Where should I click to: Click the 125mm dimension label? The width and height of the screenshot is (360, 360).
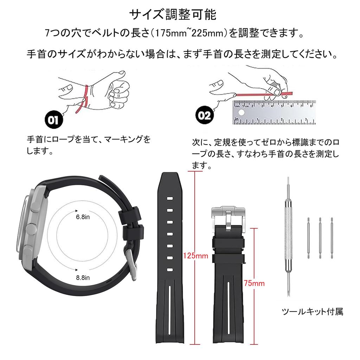click(195, 255)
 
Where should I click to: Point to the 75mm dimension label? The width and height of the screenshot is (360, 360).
click(254, 283)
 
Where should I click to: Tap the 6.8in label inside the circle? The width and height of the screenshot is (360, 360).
click(83, 217)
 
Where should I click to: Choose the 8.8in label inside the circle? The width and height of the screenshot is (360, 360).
click(83, 278)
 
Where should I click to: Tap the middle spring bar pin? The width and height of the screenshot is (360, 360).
click(320, 238)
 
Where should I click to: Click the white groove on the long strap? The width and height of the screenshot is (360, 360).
click(170, 309)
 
